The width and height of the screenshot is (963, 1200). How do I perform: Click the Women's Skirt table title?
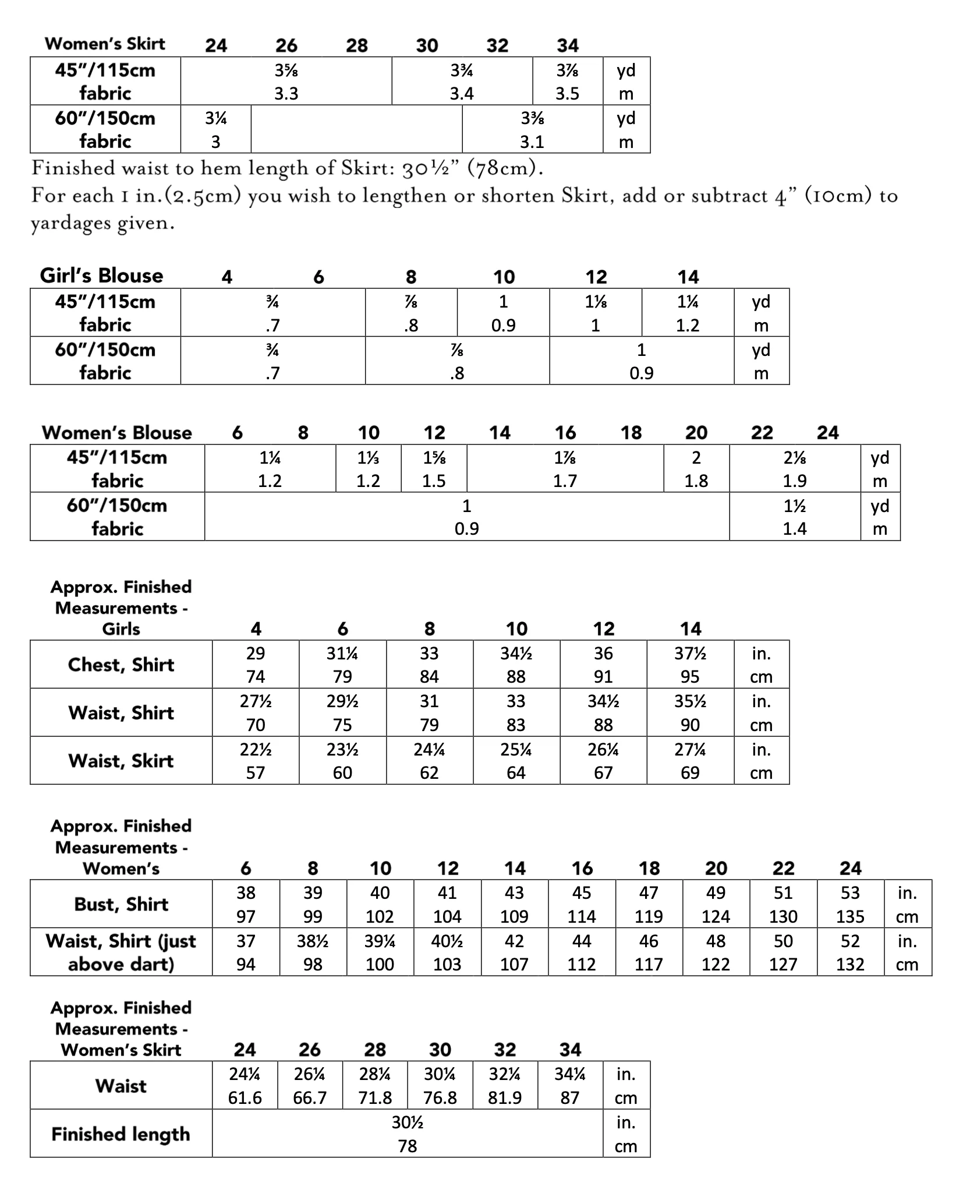[105, 44]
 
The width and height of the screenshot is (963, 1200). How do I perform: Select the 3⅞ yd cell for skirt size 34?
[567, 81]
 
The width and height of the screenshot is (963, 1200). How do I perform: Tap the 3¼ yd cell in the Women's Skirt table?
[215, 129]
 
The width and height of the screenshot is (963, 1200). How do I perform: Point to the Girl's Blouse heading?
[101, 276]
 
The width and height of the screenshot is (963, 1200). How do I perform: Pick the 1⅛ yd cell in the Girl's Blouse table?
[595, 312]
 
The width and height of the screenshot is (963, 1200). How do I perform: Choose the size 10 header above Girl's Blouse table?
[504, 277]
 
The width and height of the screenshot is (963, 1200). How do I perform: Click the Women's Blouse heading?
[116, 433]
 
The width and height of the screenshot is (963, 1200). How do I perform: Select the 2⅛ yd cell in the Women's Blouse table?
[794, 469]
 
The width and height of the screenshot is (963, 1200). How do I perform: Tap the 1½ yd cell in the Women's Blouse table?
[794, 517]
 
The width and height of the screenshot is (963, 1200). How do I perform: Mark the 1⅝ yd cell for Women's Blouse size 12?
[434, 469]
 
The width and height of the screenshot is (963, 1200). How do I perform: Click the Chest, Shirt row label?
[121, 665]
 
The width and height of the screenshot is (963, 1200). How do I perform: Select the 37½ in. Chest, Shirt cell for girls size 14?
[690, 665]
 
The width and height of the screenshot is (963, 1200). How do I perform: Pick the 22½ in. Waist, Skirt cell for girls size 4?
[256, 761]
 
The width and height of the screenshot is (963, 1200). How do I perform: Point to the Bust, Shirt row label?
[121, 904]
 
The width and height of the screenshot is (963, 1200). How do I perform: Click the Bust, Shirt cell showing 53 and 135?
[850, 904]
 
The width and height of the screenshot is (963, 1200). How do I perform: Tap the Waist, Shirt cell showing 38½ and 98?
[313, 952]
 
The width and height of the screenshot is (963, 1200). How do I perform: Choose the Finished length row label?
[121, 1134]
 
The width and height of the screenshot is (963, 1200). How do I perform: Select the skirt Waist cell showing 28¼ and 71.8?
[375, 1085]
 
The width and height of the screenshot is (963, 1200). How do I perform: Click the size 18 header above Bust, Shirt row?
[649, 869]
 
